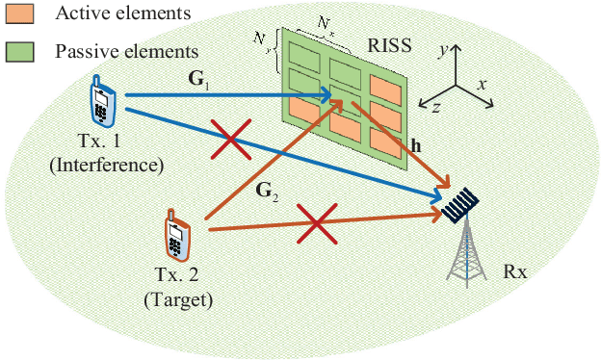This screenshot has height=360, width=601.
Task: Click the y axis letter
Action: tap(440, 44)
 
